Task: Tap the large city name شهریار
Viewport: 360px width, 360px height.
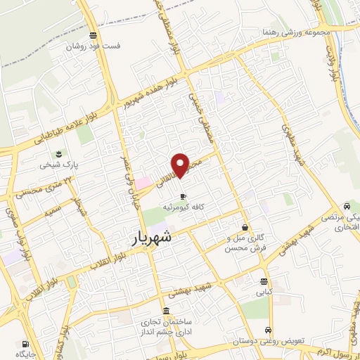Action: (x=152, y=238)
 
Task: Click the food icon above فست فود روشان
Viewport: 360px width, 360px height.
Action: (x=94, y=36)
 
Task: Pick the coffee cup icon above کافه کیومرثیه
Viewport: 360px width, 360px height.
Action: (x=183, y=196)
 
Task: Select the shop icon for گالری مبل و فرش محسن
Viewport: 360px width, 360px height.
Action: (x=245, y=228)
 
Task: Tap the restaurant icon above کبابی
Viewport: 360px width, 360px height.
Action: (x=262, y=281)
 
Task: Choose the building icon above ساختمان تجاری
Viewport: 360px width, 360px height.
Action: (x=165, y=311)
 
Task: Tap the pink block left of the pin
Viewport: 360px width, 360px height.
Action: (x=143, y=182)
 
